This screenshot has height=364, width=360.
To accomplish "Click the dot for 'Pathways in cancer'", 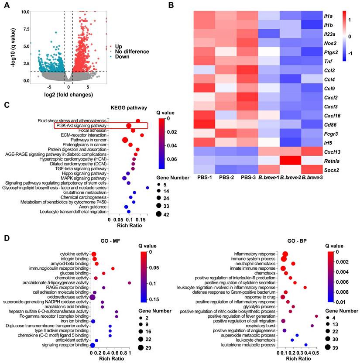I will (x=125, y=140).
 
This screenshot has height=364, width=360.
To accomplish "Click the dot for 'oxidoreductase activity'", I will (x=93, y=297).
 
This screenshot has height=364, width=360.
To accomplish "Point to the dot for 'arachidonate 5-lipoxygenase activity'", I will (x=130, y=283).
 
